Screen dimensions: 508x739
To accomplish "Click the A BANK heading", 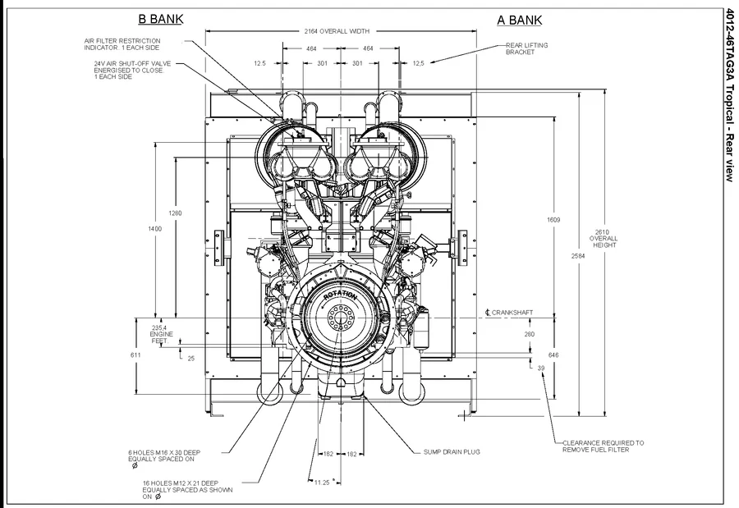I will [x=519, y=20].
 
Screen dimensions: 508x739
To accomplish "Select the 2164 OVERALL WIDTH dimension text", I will [x=337, y=31].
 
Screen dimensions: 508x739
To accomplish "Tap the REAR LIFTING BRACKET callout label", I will [x=526, y=48].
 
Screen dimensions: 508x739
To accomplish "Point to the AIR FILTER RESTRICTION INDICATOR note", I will [x=122, y=43].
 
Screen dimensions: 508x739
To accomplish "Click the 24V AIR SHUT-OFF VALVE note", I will [x=129, y=70].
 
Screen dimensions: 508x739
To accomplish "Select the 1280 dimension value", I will [x=175, y=213].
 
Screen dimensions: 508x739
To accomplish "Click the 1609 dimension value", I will [x=555, y=220].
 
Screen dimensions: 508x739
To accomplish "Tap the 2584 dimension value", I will [x=581, y=257].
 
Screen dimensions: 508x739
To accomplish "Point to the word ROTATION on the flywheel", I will [x=340, y=295].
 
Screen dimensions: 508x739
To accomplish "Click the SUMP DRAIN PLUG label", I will [x=452, y=451].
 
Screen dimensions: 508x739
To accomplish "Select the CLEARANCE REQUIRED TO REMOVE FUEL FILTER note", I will [x=603, y=446].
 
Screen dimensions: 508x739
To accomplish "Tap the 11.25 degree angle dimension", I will [x=321, y=483].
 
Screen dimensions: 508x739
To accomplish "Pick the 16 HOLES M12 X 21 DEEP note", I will [x=187, y=489].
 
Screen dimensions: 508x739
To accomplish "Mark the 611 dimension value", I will [x=135, y=355].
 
